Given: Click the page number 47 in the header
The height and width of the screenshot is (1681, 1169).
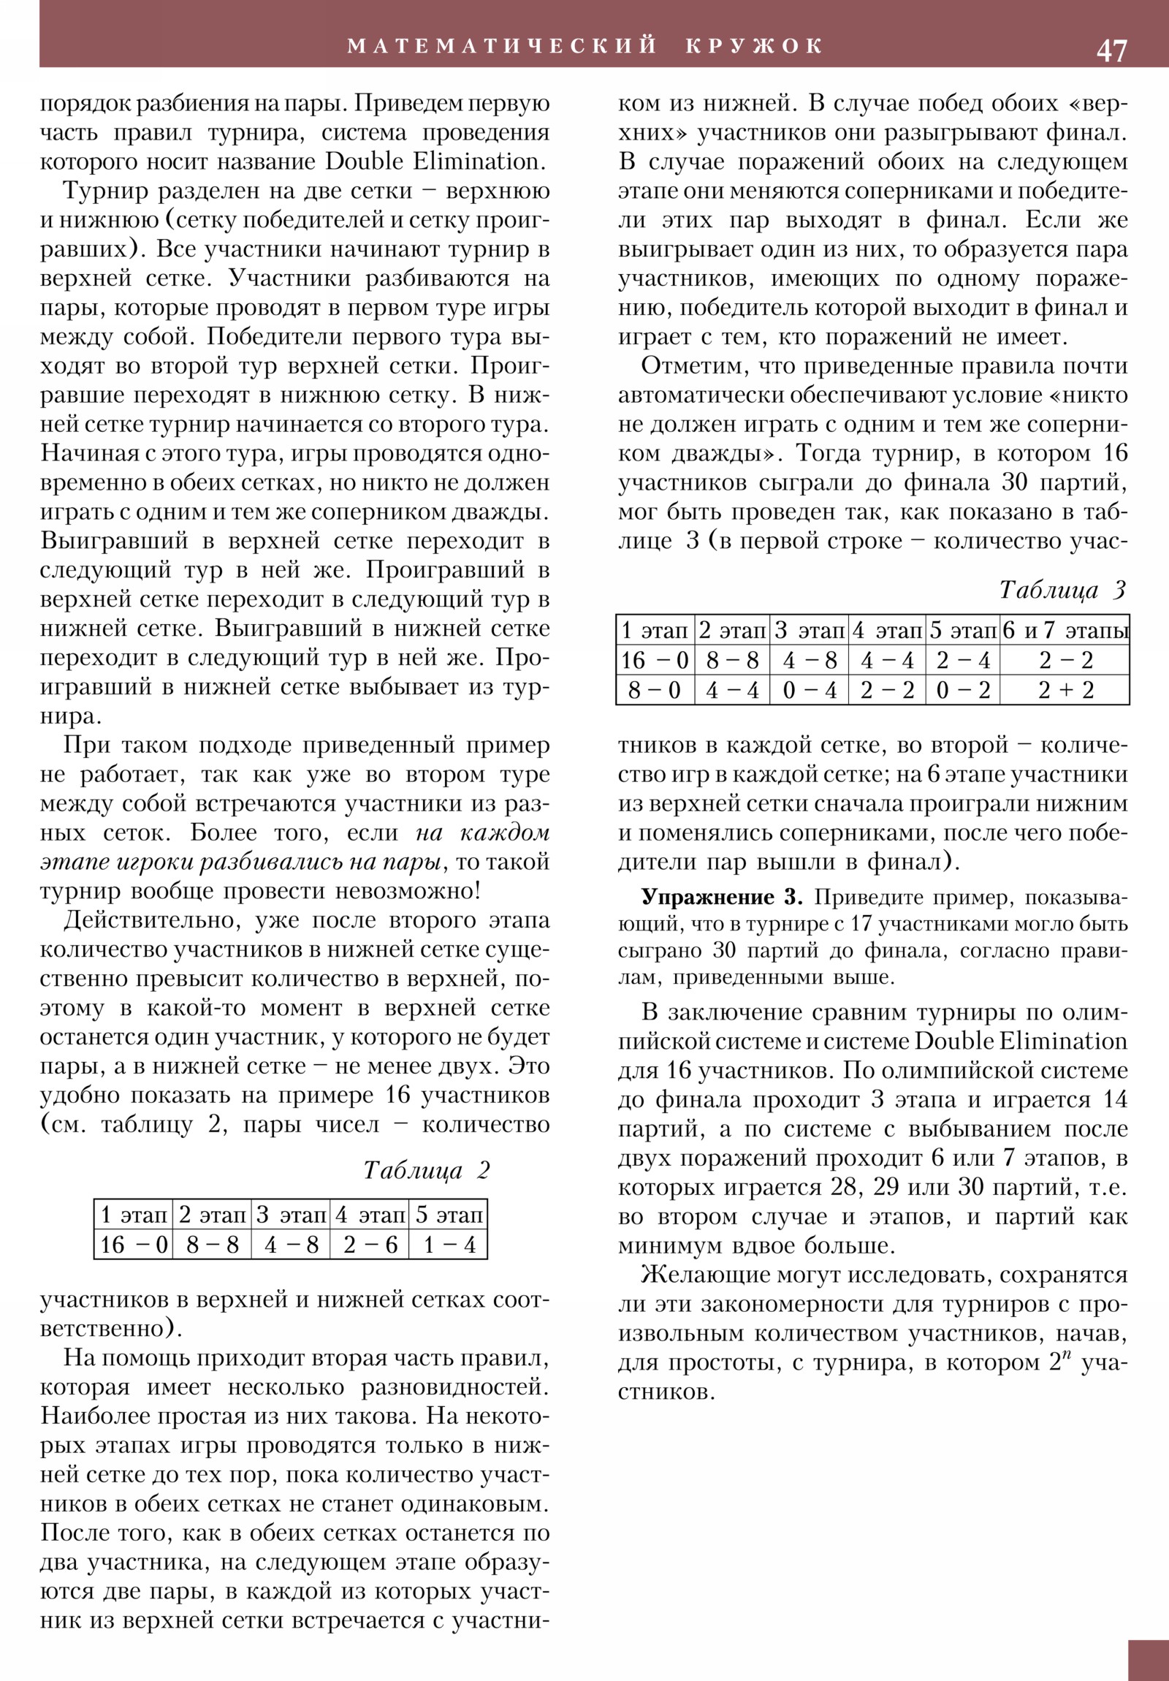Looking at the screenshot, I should coord(1111,50).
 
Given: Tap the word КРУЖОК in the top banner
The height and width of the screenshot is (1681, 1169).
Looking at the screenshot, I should coord(755,46).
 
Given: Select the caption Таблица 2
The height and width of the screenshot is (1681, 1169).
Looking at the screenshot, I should coord(426,1171).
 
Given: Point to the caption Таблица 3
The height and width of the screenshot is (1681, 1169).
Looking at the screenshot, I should coord(1062,589).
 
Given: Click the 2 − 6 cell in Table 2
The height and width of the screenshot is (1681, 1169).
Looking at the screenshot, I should coord(370,1245).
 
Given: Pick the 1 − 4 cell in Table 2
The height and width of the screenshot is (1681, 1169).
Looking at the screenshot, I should coord(449,1245).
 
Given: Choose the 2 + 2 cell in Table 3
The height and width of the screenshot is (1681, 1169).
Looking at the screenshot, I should coord(1065,690).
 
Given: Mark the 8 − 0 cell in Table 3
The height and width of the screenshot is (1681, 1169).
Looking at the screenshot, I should coord(655,690).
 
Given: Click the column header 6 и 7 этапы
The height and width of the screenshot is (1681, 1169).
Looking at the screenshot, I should coord(1065,630).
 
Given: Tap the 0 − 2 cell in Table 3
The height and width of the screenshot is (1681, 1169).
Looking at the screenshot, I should coord(962,690).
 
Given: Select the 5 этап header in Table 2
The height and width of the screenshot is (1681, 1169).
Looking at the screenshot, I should coord(449,1215).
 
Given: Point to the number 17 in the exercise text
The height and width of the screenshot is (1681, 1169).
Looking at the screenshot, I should coord(861,924).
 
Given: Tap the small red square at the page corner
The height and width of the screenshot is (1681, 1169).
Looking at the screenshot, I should coord(1148,1660).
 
